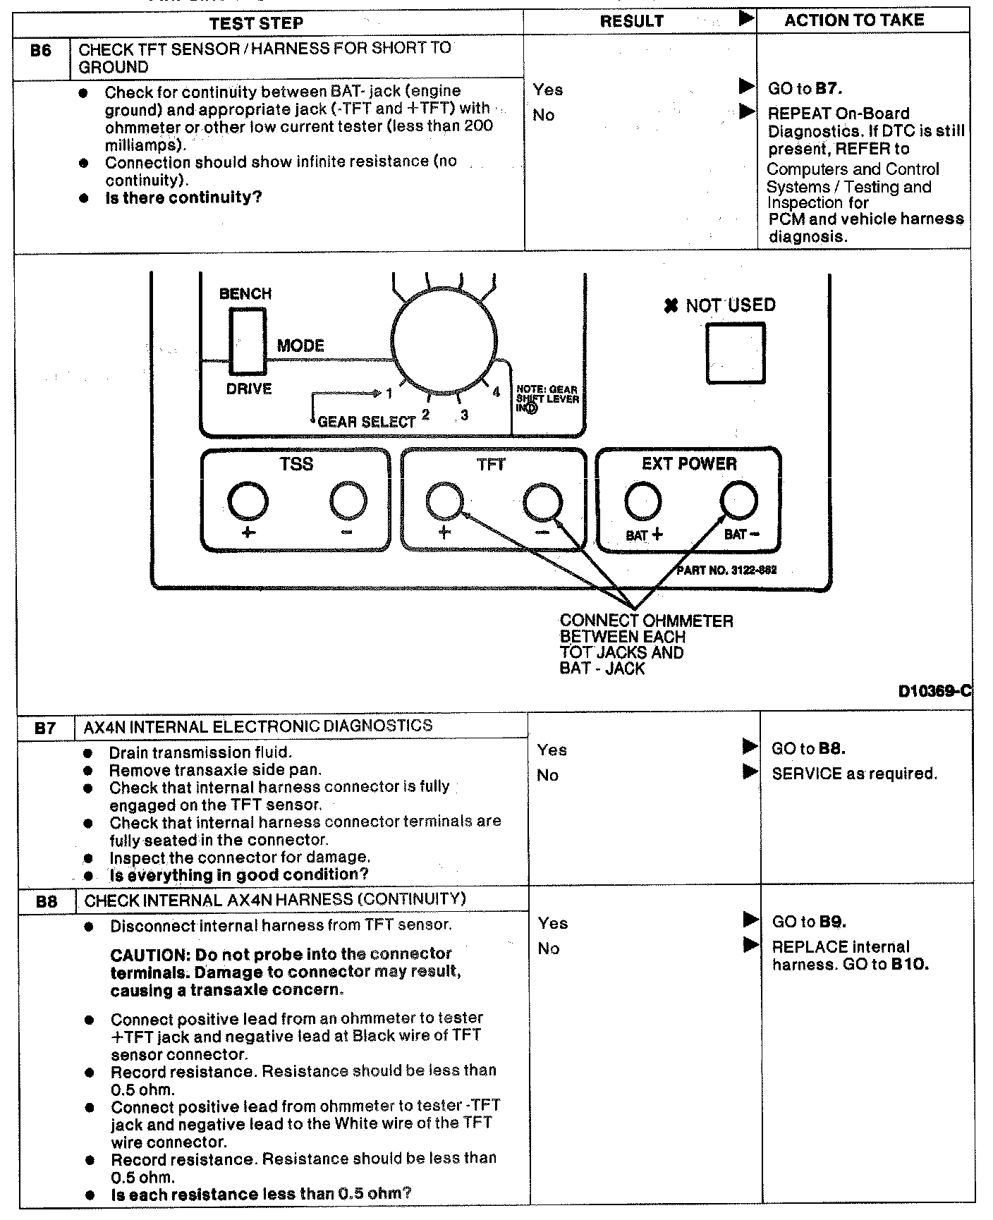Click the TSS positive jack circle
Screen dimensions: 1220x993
pos(248,502)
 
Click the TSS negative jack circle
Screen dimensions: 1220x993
pos(348,502)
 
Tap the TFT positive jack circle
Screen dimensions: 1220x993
pos(445,502)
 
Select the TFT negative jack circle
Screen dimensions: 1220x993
pos(543,502)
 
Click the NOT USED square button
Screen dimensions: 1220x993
pos(736,353)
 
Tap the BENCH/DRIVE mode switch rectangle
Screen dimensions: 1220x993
pos(248,342)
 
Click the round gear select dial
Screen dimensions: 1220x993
pos(444,336)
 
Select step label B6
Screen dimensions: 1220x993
pos(42,51)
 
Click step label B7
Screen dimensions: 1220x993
pos(45,728)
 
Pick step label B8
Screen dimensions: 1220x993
pos(47,901)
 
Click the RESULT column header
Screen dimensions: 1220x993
pos(631,21)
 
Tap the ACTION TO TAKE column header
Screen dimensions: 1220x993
pos(854,20)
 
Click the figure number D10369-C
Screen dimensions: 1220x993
pos(934,692)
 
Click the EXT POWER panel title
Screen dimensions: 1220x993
pos(689,463)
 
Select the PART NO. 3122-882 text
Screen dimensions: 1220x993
pos(726,569)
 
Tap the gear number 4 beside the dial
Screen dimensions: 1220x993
pos(496,392)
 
